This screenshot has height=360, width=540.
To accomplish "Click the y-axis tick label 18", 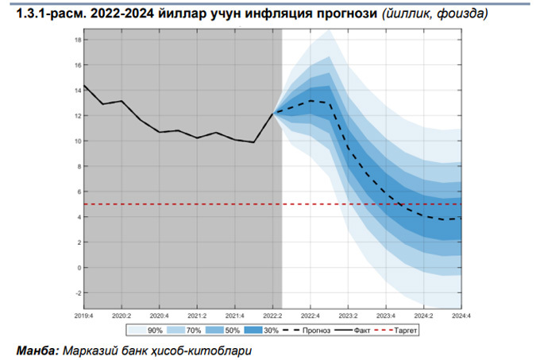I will tap(77, 40).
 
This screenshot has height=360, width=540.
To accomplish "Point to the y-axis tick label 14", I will tap(77, 91).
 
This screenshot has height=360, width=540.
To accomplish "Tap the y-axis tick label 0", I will tap(79, 268).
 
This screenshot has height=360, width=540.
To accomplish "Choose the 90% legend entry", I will tap(148, 327).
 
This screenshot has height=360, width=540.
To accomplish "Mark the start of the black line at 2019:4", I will tap(84, 86).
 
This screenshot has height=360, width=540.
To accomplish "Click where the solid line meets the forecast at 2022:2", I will tap(273, 113).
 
